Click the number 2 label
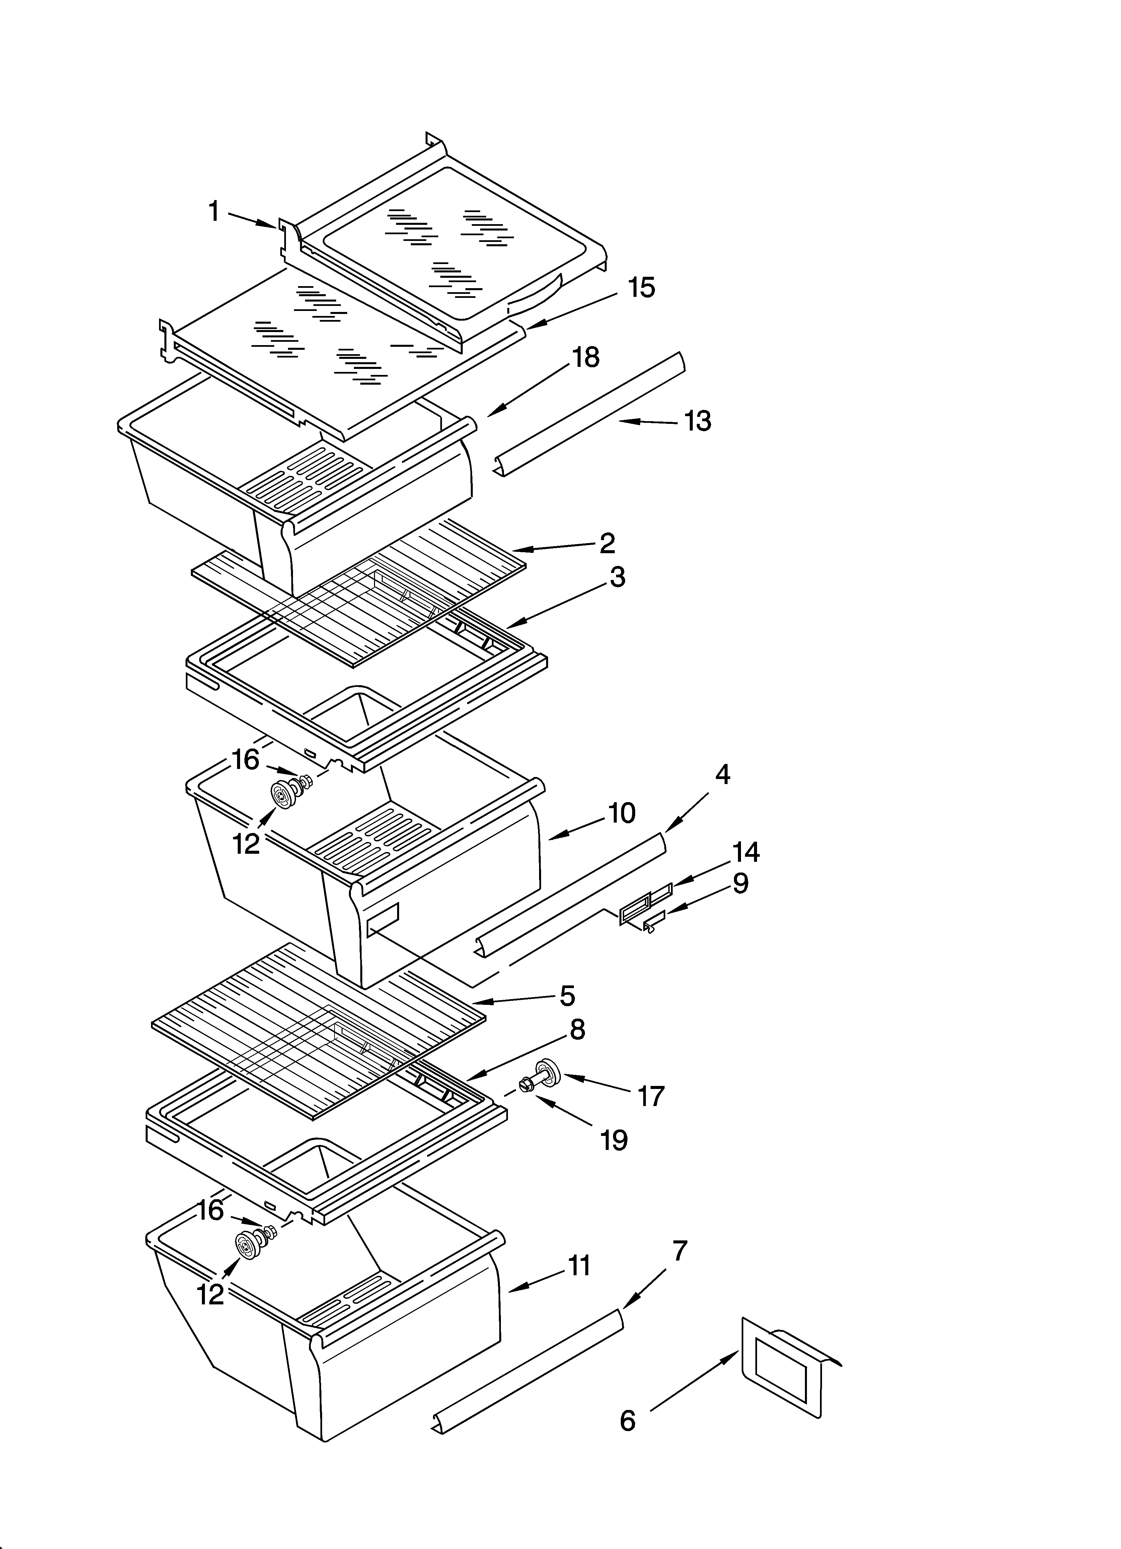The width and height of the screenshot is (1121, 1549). tap(607, 543)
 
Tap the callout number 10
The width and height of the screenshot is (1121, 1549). tap(621, 813)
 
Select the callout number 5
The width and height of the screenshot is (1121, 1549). tap(567, 996)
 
